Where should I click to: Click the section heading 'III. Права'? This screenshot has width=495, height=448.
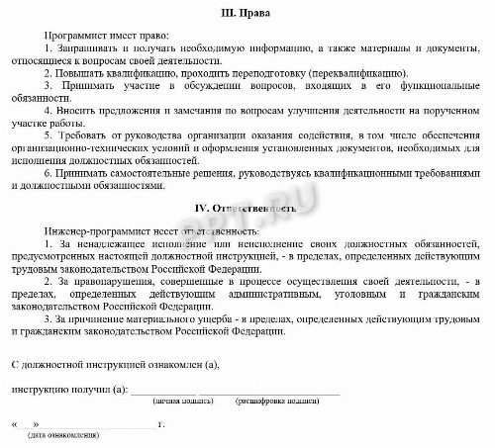(249, 14)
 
